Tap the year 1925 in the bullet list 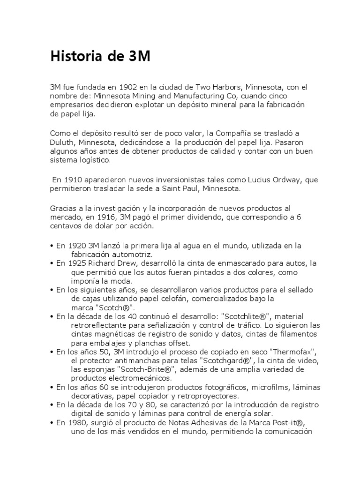[x=77, y=263]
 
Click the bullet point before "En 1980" [x=52, y=422]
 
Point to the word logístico [x=95, y=160]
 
